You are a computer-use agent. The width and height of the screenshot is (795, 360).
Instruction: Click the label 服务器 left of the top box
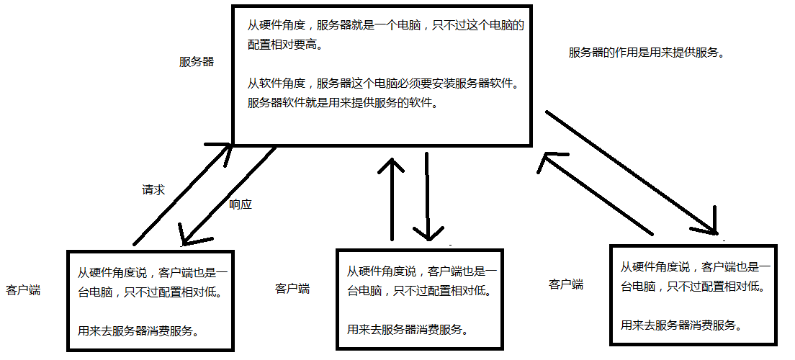pos(197,62)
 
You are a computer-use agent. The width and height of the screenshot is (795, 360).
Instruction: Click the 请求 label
pos(153,190)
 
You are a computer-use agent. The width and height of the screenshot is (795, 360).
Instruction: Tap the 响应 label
pos(241,204)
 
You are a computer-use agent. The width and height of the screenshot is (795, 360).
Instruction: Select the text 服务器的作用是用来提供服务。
pos(646,53)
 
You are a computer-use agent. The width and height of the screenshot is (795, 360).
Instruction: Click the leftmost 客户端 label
pos(22,291)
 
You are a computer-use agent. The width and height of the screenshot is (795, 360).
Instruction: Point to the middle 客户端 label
pos(292,289)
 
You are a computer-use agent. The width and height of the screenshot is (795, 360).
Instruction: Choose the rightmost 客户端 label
pos(566,284)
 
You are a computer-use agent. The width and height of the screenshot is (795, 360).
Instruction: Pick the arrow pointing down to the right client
pos(634,173)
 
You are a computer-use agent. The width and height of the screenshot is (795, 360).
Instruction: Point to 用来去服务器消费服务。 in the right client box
pos(681,325)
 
